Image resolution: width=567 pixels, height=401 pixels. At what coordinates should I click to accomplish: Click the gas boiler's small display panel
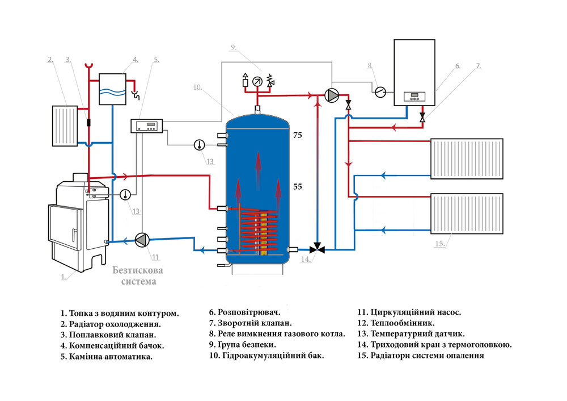(x=414, y=97)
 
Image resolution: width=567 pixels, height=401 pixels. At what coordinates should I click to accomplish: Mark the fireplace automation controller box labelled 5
(x=146, y=126)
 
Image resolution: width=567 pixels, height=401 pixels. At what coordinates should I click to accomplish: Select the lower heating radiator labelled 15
(x=467, y=214)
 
